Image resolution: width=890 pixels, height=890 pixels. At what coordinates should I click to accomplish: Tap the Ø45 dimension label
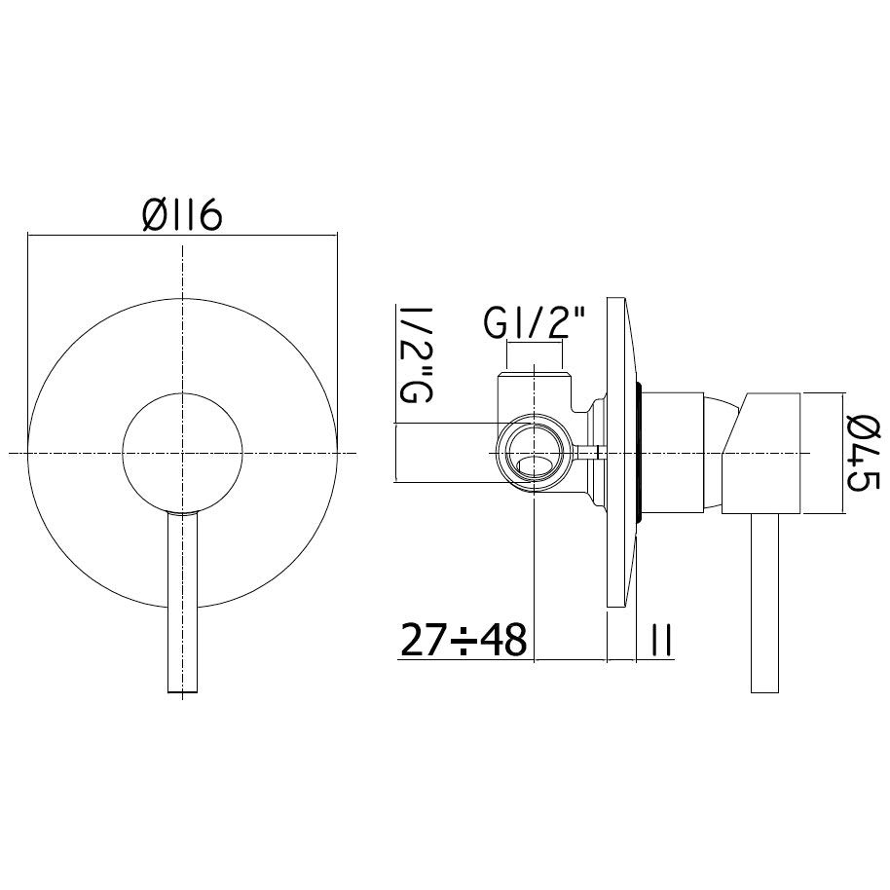coord(863,453)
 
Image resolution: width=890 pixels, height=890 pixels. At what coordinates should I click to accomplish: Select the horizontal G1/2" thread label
coord(534,323)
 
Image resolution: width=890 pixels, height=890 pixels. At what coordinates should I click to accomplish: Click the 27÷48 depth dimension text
coord(464,640)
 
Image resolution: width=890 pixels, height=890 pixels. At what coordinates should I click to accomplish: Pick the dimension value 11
coord(661,640)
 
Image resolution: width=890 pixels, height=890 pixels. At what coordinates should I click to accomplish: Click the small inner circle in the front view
coord(183,453)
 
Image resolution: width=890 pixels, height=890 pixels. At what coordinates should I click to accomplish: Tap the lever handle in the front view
coord(183,602)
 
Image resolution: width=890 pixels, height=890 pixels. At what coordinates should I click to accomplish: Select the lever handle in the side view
coord(764,604)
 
